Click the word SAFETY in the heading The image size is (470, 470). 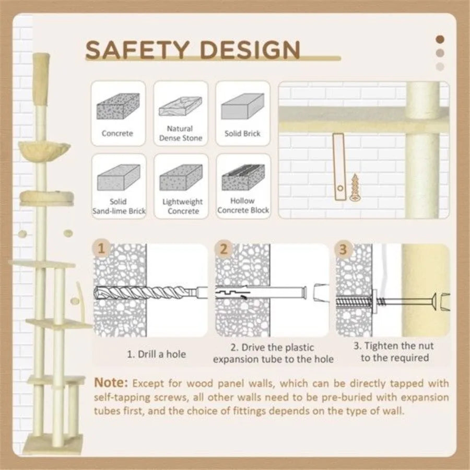[137, 50]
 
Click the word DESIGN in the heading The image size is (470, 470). [250, 50]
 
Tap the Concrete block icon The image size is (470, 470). [118, 106]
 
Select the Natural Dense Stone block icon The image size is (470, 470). [181, 106]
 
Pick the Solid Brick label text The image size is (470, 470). [242, 133]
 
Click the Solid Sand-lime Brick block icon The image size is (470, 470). [119, 178]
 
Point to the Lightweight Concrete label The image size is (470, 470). [183, 206]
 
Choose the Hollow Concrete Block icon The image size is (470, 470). [243, 177]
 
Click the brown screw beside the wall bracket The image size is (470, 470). [355, 187]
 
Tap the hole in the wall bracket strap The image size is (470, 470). [340, 189]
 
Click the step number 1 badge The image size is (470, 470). [101, 249]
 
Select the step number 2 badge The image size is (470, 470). [224, 249]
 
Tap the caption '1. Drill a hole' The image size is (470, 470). [157, 354]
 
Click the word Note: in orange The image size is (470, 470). [111, 383]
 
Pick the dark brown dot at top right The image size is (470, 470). [440, 39]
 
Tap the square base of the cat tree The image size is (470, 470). [53, 443]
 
